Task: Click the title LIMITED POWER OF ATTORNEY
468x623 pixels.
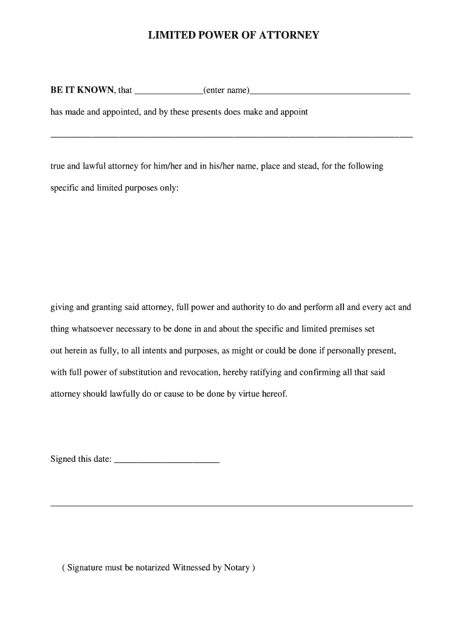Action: [233, 35]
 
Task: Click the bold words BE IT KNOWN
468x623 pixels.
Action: [81, 90]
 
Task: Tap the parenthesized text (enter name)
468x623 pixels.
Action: [226, 90]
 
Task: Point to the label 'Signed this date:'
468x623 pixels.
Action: [81, 459]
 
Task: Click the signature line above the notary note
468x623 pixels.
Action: [231, 506]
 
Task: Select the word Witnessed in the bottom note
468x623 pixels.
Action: [191, 568]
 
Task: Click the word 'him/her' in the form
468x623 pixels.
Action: [168, 166]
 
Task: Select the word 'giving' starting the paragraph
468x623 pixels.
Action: [61, 308]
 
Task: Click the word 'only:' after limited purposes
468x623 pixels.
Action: [168, 188]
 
